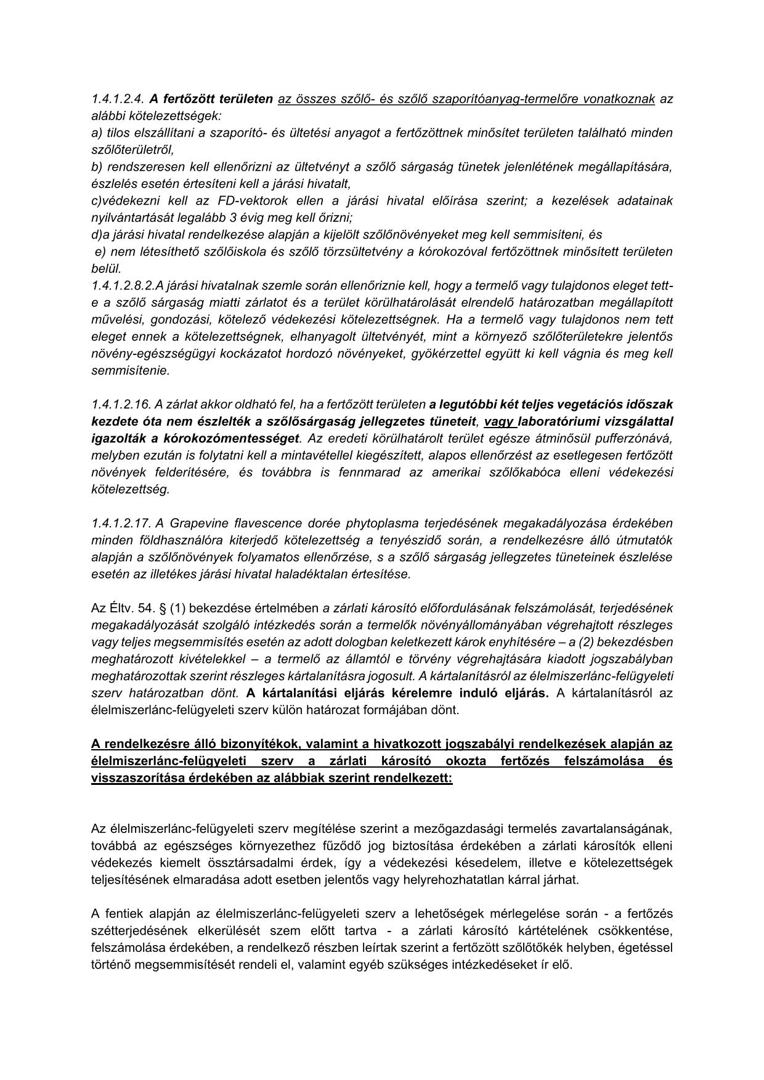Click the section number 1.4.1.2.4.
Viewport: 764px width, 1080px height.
(x=118, y=99)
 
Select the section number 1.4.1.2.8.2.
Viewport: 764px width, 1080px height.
(x=123, y=285)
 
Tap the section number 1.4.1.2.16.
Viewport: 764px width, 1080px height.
(x=121, y=404)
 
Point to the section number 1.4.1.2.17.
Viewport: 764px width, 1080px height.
(x=121, y=523)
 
